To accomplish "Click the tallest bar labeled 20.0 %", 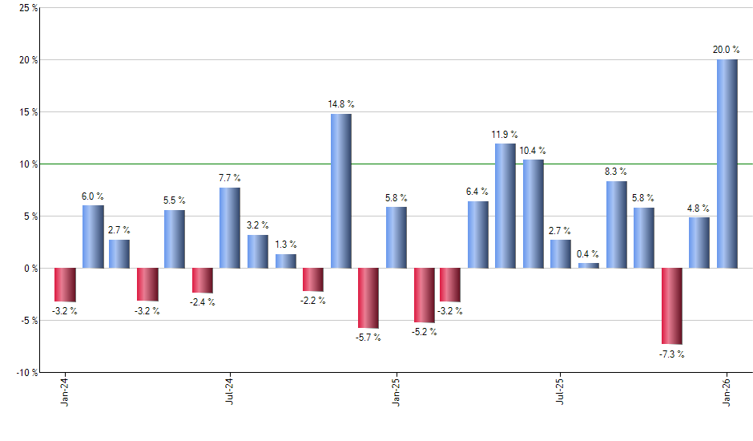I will click(727, 164).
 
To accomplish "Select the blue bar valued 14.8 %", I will click(340, 191).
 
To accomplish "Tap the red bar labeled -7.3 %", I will click(671, 305).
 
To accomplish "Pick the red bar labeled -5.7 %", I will click(368, 297).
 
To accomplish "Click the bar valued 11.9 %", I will click(505, 205).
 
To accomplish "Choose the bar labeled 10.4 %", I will click(533, 213).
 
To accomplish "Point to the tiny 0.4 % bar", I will click(588, 265).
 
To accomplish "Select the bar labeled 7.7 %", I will click(230, 228).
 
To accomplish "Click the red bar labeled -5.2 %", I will click(423, 295).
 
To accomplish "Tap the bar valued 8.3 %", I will click(616, 225).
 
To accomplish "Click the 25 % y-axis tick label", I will click(29, 8).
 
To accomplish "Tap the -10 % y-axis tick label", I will click(27, 373).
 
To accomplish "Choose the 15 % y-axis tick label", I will click(29, 112).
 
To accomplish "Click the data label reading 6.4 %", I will click(478, 191).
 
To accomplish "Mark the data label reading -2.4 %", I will click(203, 302).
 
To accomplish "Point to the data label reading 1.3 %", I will click(286, 244).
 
